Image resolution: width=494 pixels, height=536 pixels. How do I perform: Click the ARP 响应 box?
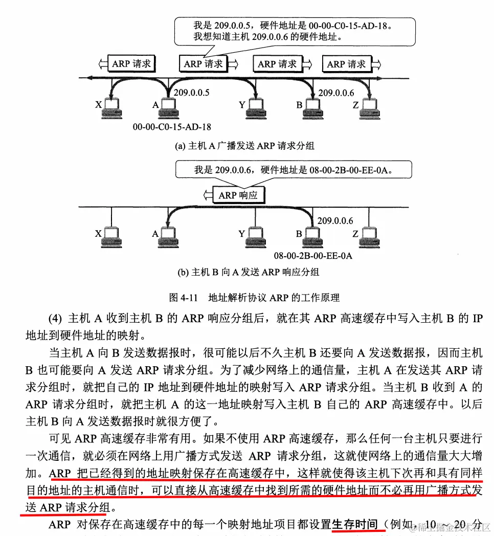click(x=238, y=195)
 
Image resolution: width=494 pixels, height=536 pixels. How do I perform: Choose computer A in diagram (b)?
click(x=167, y=236)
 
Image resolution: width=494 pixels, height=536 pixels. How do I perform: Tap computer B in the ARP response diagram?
click(x=310, y=236)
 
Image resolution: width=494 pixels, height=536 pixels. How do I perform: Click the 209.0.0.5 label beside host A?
click(x=192, y=93)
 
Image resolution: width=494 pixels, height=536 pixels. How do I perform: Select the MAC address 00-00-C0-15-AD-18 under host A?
click(x=172, y=126)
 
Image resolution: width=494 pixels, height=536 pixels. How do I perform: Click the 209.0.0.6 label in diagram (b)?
click(x=335, y=220)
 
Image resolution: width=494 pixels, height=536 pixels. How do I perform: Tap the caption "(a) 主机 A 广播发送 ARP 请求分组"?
click(x=245, y=146)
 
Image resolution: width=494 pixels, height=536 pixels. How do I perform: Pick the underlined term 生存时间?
click(x=355, y=524)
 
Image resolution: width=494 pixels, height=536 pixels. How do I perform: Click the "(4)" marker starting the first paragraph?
click(x=56, y=319)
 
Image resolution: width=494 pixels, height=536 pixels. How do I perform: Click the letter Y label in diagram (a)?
click(x=241, y=105)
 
